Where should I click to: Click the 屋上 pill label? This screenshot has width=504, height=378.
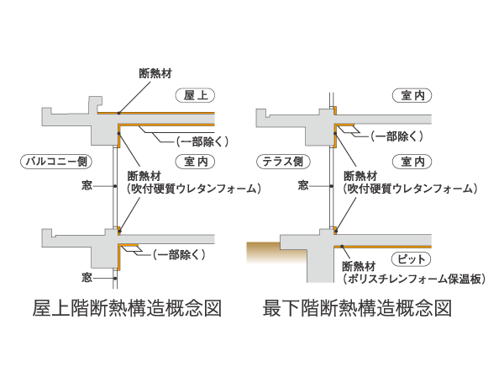[x=196, y=95]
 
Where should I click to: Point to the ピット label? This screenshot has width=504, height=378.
[x=411, y=258]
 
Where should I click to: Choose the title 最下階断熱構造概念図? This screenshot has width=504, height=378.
[x=357, y=306]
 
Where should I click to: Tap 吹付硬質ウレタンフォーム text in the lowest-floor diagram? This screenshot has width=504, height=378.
[x=410, y=189]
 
